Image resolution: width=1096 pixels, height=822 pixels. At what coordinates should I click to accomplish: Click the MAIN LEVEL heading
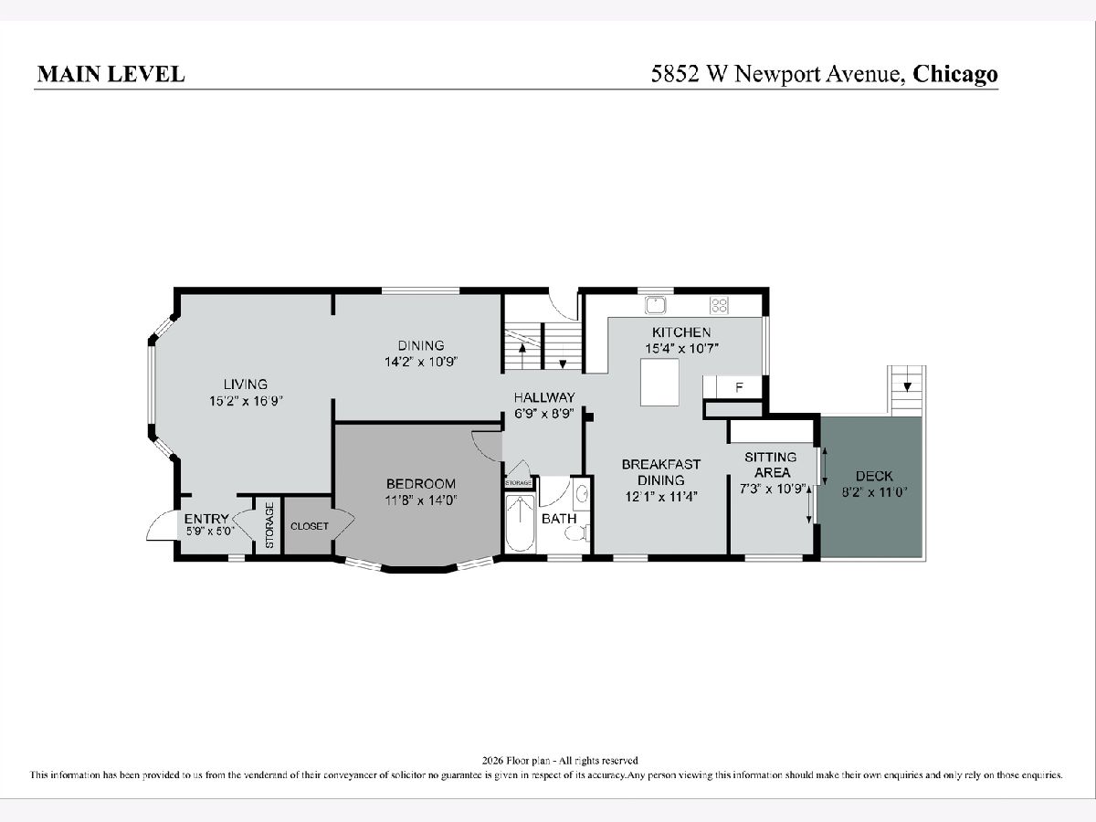point(111,74)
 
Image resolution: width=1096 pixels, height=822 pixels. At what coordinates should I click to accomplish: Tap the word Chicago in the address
point(955,74)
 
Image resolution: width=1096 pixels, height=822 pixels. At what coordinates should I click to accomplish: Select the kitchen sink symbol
point(656,305)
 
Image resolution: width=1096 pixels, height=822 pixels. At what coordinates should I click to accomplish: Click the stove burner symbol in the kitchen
point(719,305)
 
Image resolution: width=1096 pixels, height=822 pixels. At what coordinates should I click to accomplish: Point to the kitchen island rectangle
point(659,383)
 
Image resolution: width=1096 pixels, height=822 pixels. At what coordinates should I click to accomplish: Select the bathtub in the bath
point(520,523)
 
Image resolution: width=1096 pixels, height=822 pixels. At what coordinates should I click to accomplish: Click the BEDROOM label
point(421,484)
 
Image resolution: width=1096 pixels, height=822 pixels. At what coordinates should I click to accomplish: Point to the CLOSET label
point(310,527)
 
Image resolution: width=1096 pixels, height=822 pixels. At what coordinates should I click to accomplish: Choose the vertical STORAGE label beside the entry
point(269,525)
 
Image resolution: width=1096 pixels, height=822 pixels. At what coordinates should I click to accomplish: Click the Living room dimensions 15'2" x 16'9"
point(247,401)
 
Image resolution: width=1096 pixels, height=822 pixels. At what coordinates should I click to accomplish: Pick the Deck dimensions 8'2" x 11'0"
point(874,492)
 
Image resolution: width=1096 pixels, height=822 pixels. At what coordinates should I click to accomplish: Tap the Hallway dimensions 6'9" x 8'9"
point(544,414)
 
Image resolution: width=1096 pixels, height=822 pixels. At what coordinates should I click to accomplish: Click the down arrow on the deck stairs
point(907,385)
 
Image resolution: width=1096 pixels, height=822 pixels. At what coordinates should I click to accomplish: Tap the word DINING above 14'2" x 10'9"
point(421,345)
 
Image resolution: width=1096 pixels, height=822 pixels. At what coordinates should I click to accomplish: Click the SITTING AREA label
point(771,465)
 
